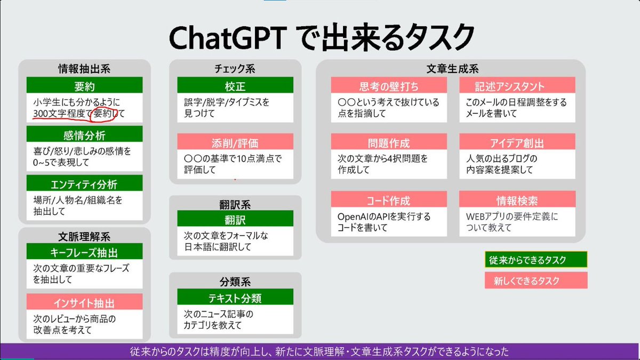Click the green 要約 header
point(84,86)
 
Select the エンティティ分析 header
point(84,184)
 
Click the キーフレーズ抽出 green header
point(84,252)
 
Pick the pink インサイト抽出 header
point(84,302)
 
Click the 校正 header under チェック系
point(235,86)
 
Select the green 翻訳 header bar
point(235,219)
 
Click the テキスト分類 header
point(235,297)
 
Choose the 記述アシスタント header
point(517,86)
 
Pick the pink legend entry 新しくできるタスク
point(535,280)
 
